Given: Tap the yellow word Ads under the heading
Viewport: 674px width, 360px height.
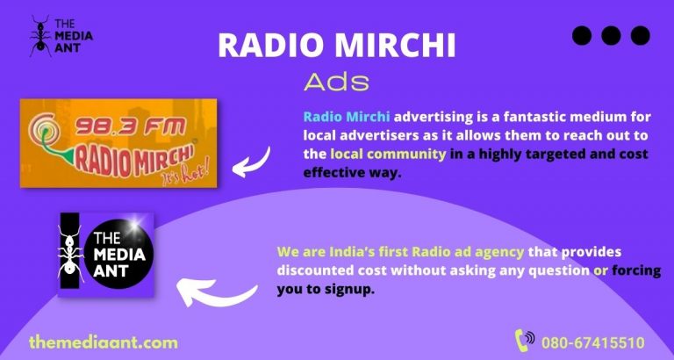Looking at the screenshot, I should point(336,82).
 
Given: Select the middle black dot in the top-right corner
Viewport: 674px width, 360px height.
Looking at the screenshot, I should point(611,36).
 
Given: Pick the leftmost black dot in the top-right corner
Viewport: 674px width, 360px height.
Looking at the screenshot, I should point(582,36).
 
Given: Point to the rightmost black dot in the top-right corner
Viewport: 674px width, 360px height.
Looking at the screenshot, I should point(640,36).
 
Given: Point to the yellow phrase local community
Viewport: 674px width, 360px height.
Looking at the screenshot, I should point(388,155).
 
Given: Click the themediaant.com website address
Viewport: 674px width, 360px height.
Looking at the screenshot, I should point(103,342).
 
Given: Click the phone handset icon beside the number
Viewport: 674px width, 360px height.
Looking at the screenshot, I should point(525,340).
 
